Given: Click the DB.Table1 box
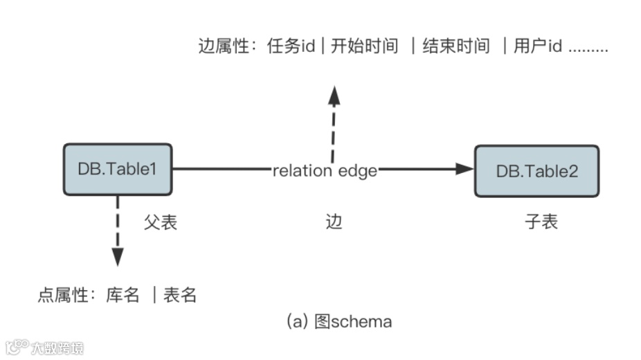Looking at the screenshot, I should point(118,170).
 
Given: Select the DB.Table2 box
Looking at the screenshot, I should point(536,171).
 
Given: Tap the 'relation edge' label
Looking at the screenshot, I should point(325,170).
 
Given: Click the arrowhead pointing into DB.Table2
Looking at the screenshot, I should point(464,169).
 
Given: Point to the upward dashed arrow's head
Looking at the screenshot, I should point(334,95).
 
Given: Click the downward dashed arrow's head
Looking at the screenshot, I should point(118,257).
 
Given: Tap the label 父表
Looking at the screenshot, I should point(161,222).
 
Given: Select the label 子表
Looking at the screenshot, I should point(541,222).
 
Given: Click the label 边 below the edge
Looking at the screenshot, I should point(334,222).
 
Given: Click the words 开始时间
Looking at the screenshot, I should point(364,46).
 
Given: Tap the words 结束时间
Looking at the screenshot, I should point(456,46).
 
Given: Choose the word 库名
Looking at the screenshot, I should point(123,296).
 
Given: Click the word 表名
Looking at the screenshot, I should point(180,296).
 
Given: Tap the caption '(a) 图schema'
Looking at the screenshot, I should point(339,322).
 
